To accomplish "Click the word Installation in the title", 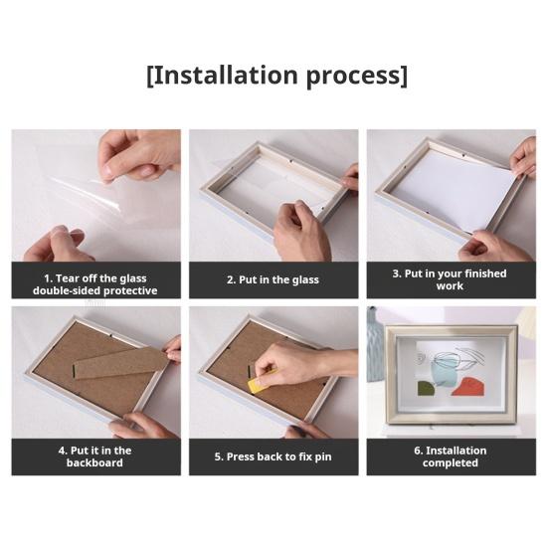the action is [225, 75].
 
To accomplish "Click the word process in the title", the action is [353, 77].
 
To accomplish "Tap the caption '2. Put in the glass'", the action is [273, 279].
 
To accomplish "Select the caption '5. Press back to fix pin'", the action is [273, 457].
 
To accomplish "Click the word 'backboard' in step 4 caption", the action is [94, 462].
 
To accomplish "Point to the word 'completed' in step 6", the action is [451, 463].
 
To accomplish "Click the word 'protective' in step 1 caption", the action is [130, 290].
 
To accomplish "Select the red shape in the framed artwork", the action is [468, 387].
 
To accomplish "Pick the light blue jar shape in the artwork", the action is [444, 374].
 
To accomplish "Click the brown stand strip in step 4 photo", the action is [120, 364].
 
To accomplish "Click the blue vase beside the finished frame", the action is [375, 345].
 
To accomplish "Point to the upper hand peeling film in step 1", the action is [140, 155].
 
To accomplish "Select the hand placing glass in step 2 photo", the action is [300, 231].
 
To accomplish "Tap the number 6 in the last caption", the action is [417, 451].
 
